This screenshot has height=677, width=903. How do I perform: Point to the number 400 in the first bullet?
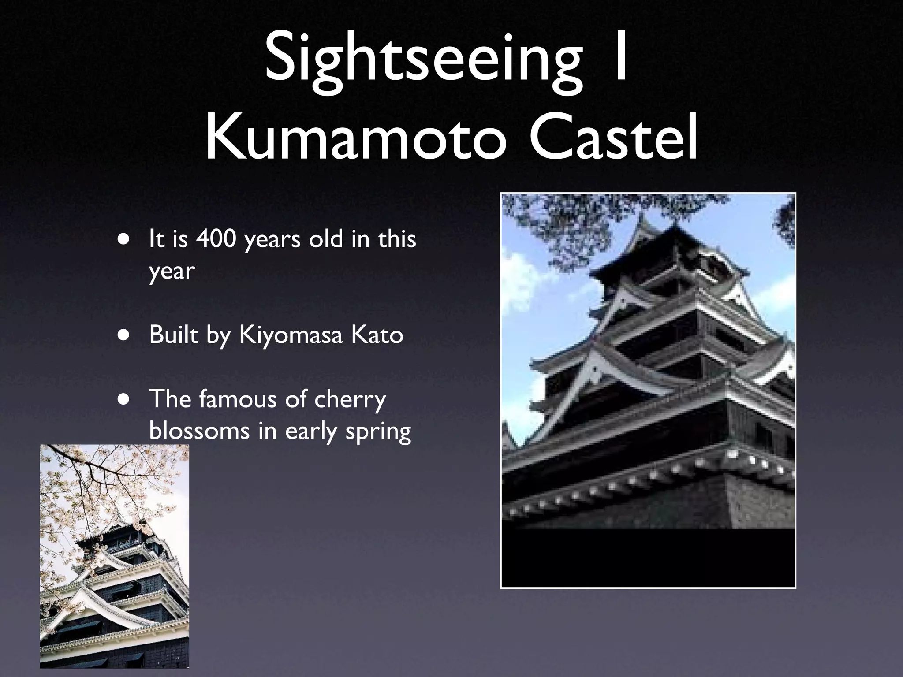coord(216,239)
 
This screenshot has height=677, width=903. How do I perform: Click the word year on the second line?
coord(172,271)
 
